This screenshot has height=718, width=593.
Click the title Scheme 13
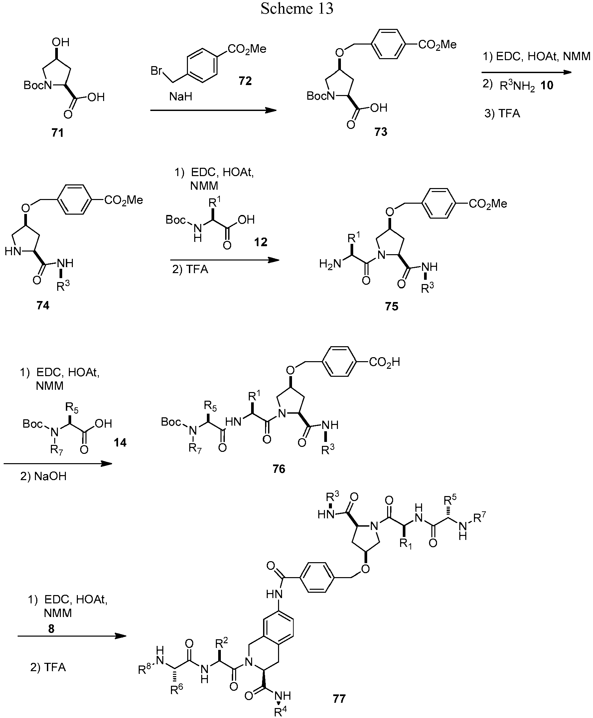coord(297,8)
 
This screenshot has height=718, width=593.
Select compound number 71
coord(58,133)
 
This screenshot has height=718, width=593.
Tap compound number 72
coord(245,80)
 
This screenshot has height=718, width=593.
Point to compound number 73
coord(381,132)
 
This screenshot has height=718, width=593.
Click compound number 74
coord(43,305)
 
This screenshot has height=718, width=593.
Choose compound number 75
coord(391,306)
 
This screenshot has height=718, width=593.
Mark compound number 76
coord(279,469)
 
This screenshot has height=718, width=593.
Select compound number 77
coord(339,698)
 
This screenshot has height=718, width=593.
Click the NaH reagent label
coord(181,97)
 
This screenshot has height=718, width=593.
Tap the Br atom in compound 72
coord(156,71)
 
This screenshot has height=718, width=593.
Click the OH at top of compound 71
coord(61,42)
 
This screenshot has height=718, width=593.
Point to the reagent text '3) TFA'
coord(502,113)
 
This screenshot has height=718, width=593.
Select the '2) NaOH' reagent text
coord(43,476)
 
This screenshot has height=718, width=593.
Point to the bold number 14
coord(120,443)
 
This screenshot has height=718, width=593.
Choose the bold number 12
coord(261,242)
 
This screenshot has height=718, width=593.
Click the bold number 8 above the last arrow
coord(51,628)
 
